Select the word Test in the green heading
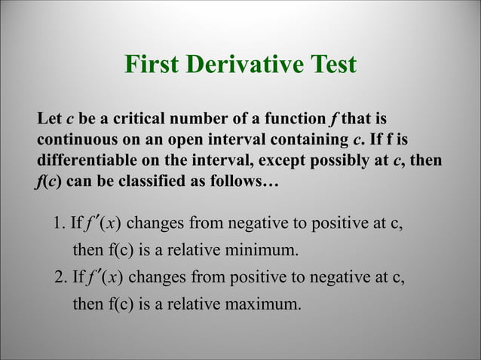coord(330,65)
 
